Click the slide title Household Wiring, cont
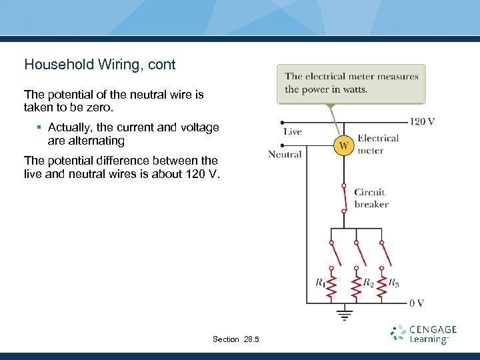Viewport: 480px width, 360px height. (x=100, y=65)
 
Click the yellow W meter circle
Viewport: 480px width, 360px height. (x=343, y=145)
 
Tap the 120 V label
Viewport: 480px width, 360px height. (x=422, y=121)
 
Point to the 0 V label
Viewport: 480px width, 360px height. (x=417, y=303)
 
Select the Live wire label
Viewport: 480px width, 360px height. (x=292, y=132)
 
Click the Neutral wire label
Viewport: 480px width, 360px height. (x=285, y=155)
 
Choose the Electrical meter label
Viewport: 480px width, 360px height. (x=378, y=144)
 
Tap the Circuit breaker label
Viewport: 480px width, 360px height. (x=371, y=198)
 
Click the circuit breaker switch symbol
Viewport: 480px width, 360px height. (x=344, y=198)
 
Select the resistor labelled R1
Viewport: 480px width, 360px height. (x=331, y=285)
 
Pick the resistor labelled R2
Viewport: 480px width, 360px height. (x=357, y=285)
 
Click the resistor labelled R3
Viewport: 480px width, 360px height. (x=382, y=285)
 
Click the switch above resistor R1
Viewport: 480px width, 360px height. (x=331, y=253)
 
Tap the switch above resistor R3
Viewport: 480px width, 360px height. (x=383, y=253)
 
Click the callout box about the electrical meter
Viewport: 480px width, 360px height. (x=351, y=83)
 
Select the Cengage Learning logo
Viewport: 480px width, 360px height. (x=424, y=334)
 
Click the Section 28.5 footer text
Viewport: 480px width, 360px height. (x=236, y=339)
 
